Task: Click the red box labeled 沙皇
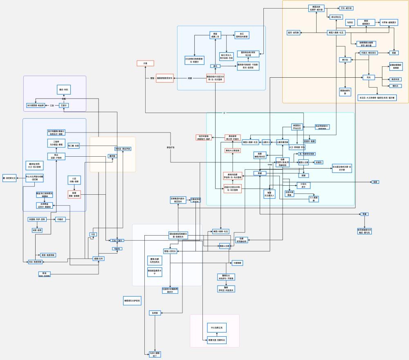(x=145, y=63)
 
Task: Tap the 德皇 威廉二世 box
(x=215, y=35)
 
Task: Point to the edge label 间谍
(x=190, y=78)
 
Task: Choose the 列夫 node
(x=369, y=77)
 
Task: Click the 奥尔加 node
(x=345, y=60)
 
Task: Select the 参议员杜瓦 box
(x=336, y=17)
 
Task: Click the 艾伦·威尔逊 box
(x=346, y=8)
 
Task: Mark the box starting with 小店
(x=74, y=180)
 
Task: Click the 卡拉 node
(x=93, y=234)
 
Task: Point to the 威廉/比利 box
(x=99, y=259)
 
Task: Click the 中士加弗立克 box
(x=216, y=328)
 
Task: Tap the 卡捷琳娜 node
(x=237, y=263)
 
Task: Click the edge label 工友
(x=52, y=106)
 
